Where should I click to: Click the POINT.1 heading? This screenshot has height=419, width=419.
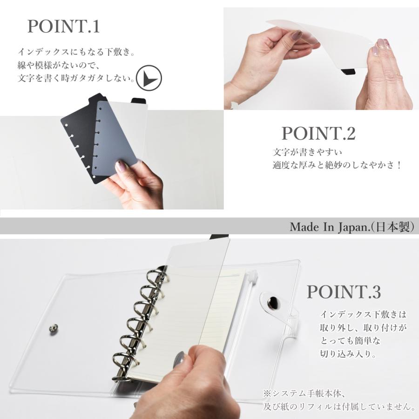64,26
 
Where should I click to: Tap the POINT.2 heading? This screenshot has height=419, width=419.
318,133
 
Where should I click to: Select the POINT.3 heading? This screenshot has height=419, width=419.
344,291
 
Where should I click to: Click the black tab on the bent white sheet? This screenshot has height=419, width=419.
348,72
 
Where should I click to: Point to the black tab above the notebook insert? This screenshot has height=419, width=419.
220,237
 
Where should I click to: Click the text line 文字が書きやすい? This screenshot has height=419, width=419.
307,153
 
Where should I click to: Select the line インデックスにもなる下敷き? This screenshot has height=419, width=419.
76,52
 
